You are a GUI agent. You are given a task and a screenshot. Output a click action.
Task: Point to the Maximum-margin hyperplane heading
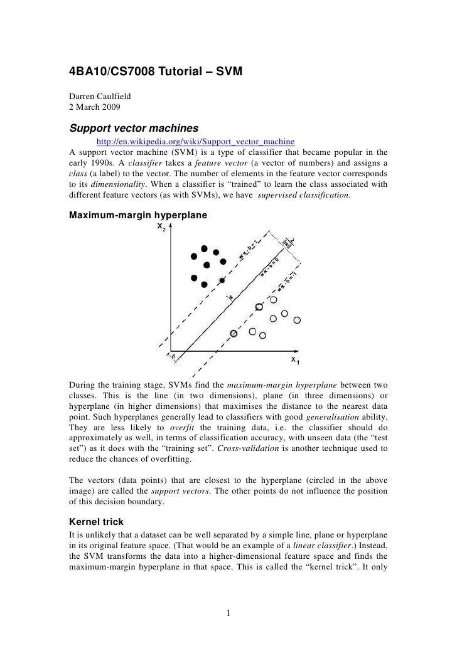[137, 214]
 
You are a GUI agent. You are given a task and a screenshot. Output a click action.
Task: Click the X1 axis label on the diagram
[294, 361]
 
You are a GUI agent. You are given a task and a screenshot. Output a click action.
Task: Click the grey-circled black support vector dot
[222, 280]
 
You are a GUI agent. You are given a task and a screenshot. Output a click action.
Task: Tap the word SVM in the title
[227, 76]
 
